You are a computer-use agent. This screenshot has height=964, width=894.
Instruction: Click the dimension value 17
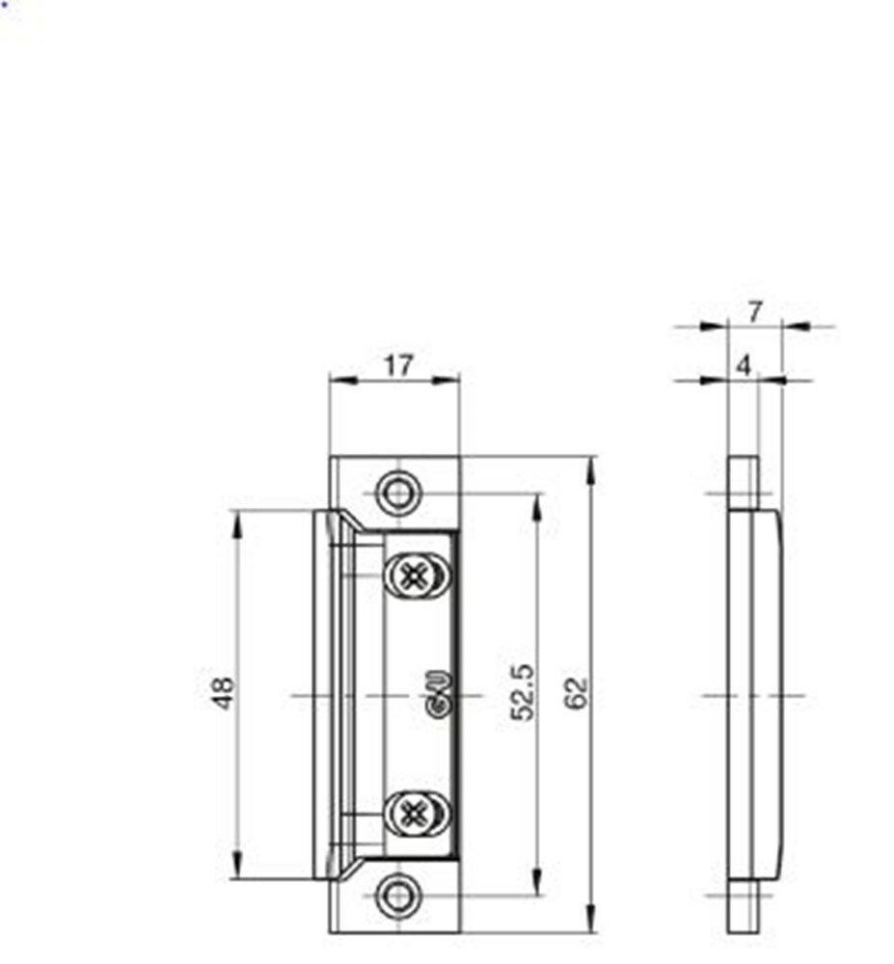tap(397, 365)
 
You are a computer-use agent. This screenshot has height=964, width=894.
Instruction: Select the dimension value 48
tap(224, 693)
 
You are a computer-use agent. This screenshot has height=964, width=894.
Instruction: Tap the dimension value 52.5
tap(523, 693)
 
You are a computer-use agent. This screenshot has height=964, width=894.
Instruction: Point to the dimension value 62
tap(577, 693)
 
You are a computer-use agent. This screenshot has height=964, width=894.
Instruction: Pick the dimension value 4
tap(743, 365)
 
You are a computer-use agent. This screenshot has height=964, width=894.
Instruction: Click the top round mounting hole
tap(395, 494)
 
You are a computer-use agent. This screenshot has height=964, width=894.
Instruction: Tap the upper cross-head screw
tap(415, 576)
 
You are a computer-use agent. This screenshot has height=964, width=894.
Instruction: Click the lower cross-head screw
tap(415, 812)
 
